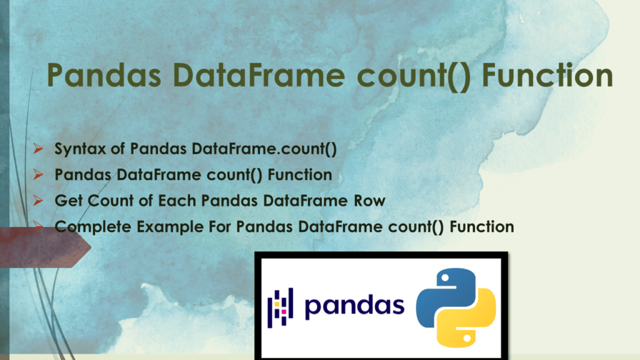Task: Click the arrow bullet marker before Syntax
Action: (38, 149)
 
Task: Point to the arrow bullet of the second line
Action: (38, 175)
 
